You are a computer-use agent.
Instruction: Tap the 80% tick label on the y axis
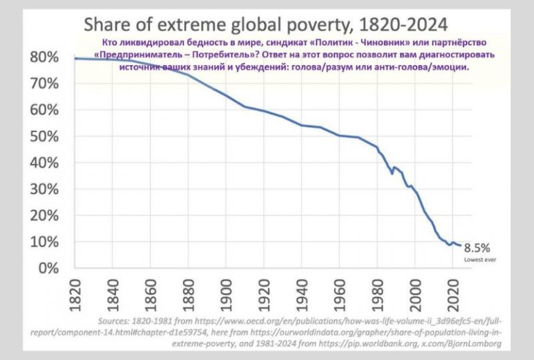click(44, 57)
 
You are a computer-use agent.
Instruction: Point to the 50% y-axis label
click(44, 136)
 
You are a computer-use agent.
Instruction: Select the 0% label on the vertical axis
click(49, 268)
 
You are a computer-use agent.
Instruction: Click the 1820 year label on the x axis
click(75, 295)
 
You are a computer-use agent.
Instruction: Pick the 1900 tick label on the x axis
click(226, 295)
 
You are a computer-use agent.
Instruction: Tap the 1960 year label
click(339, 295)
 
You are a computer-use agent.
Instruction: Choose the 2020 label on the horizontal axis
click(453, 295)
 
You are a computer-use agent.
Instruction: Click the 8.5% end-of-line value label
click(477, 248)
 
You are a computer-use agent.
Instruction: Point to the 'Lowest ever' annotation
click(480, 260)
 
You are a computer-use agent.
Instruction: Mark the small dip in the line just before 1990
click(392, 174)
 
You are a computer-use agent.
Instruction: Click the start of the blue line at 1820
click(75, 58)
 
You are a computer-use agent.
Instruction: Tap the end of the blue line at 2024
click(460, 245)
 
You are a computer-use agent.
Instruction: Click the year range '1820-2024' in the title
click(403, 24)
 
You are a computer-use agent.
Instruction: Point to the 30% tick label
click(44, 189)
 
